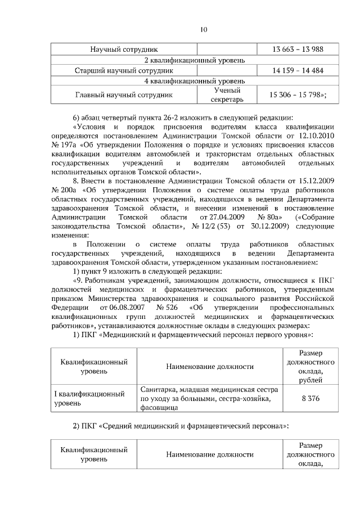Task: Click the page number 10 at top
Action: click(x=204, y=30)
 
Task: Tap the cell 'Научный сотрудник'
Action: click(x=124, y=49)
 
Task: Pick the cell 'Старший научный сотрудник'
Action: click(x=124, y=71)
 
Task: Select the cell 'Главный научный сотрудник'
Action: click(x=124, y=95)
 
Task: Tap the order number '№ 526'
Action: click(x=167, y=308)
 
